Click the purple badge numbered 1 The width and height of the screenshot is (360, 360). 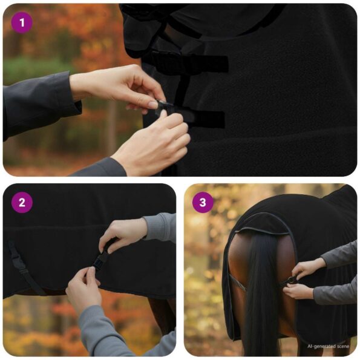[22, 23]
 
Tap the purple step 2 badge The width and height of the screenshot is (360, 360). [22, 202]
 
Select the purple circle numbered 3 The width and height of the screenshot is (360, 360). [203, 202]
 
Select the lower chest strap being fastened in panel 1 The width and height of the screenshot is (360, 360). [194, 117]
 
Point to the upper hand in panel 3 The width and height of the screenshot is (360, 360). [309, 267]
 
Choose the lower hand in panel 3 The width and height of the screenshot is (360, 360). [299, 291]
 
